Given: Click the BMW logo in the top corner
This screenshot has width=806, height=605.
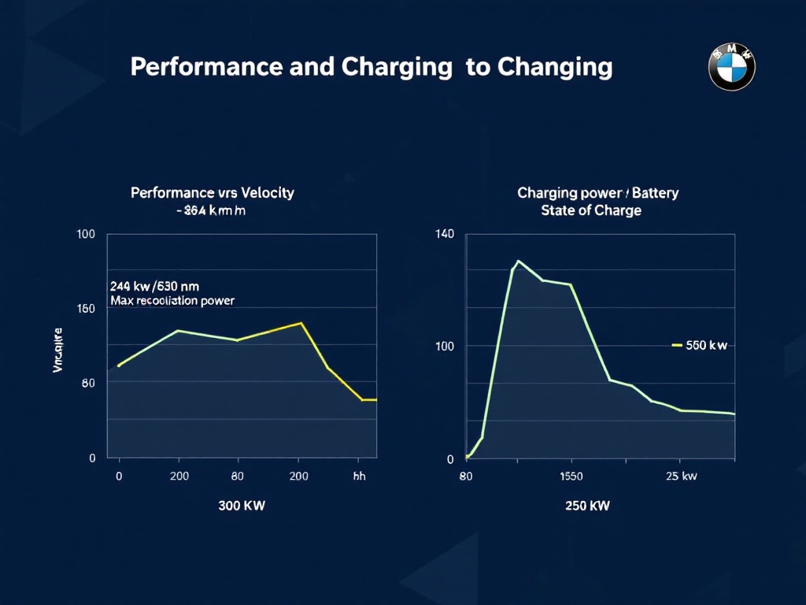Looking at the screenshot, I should (x=731, y=67).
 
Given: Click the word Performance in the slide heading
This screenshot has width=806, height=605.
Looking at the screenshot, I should (x=207, y=67).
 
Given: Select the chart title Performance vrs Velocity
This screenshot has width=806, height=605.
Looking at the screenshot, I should (x=213, y=193).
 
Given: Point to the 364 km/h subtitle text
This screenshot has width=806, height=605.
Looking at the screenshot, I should (x=213, y=210).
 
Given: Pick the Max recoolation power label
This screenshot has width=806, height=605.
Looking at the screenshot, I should (x=172, y=301).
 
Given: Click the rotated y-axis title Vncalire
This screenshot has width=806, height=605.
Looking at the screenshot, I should (x=57, y=350).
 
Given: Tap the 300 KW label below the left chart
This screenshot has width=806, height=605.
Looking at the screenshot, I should (x=242, y=506).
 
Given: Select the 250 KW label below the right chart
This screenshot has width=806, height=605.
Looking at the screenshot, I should (x=587, y=506).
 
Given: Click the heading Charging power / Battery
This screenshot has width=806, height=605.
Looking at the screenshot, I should (x=597, y=193).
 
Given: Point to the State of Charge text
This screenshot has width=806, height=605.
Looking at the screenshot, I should (x=590, y=210).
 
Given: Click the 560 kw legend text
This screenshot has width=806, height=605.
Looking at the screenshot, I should (x=706, y=346).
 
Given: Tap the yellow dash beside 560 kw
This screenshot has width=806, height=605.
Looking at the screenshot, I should (x=676, y=345).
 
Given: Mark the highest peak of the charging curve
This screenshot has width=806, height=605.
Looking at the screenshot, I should (x=518, y=261).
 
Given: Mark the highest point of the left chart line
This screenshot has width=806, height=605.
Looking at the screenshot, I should (x=301, y=323).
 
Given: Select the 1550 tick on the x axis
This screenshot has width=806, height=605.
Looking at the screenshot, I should (x=571, y=476).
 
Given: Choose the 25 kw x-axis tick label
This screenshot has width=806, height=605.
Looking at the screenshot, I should (x=681, y=476).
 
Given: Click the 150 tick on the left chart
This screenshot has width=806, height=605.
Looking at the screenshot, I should (x=86, y=309).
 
